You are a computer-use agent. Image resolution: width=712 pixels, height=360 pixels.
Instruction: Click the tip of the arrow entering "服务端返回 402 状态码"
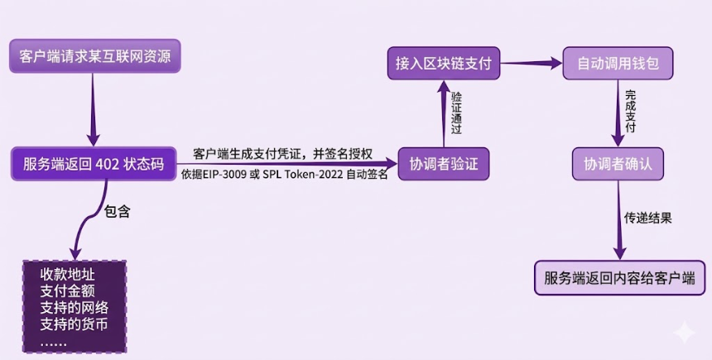(93, 146)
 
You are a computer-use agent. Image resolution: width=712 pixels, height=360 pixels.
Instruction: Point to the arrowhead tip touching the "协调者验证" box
(397, 163)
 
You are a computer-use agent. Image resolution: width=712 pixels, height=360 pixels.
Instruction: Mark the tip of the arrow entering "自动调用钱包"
(563, 63)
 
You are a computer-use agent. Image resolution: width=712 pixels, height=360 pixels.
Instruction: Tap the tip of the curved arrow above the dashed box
(75, 260)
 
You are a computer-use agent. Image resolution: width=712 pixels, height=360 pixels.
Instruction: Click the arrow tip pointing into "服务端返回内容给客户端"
(620, 260)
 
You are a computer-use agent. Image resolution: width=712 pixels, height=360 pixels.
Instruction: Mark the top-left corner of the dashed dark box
(23, 261)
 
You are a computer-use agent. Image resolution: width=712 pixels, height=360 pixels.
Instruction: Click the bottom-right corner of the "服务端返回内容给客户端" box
(705, 295)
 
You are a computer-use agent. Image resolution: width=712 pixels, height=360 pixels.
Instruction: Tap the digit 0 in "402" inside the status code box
(109, 164)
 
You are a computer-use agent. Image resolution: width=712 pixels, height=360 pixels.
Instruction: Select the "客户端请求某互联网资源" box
(95, 55)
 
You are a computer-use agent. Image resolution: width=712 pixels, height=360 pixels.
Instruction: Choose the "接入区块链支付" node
(444, 63)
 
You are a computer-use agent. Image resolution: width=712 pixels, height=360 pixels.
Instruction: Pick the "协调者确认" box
(618, 164)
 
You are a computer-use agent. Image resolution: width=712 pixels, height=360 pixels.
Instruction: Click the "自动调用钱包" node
(618, 63)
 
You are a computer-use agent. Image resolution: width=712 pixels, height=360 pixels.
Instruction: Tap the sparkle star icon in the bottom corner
(684, 333)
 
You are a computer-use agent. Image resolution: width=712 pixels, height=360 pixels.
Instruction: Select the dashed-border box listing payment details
(75, 306)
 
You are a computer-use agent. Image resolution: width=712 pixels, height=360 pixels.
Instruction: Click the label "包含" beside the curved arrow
(118, 211)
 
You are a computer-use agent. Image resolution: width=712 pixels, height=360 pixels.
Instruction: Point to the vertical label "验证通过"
(456, 113)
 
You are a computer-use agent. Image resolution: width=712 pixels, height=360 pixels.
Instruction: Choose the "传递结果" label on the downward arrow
(647, 218)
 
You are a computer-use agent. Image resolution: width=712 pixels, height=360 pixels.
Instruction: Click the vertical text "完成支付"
(630, 112)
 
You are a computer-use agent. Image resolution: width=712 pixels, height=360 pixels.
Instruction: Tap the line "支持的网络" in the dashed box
(75, 308)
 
